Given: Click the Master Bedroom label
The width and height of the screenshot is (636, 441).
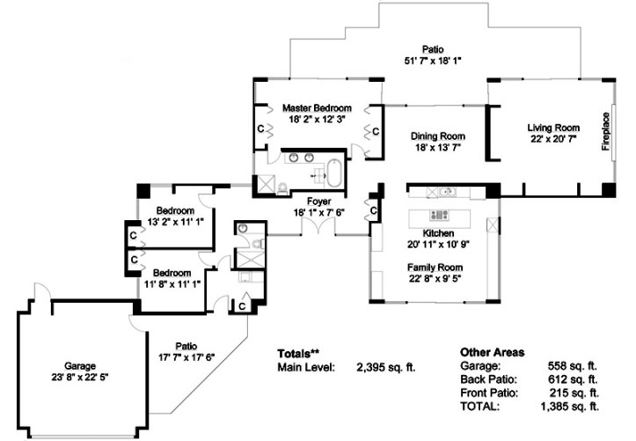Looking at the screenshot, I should point(317,107).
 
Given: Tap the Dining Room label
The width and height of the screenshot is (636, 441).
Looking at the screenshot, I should point(437,136).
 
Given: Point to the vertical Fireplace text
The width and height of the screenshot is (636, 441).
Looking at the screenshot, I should point(605,132).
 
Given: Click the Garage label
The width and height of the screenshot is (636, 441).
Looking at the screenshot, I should point(79,365).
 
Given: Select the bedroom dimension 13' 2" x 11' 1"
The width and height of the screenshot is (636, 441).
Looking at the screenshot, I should point(174,223).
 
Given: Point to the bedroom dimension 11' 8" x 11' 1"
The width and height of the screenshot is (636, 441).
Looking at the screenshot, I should point(174,284).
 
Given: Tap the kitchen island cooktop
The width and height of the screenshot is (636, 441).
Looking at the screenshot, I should point(437,215).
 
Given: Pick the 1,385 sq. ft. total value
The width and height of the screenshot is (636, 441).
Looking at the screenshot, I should point(569,407).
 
